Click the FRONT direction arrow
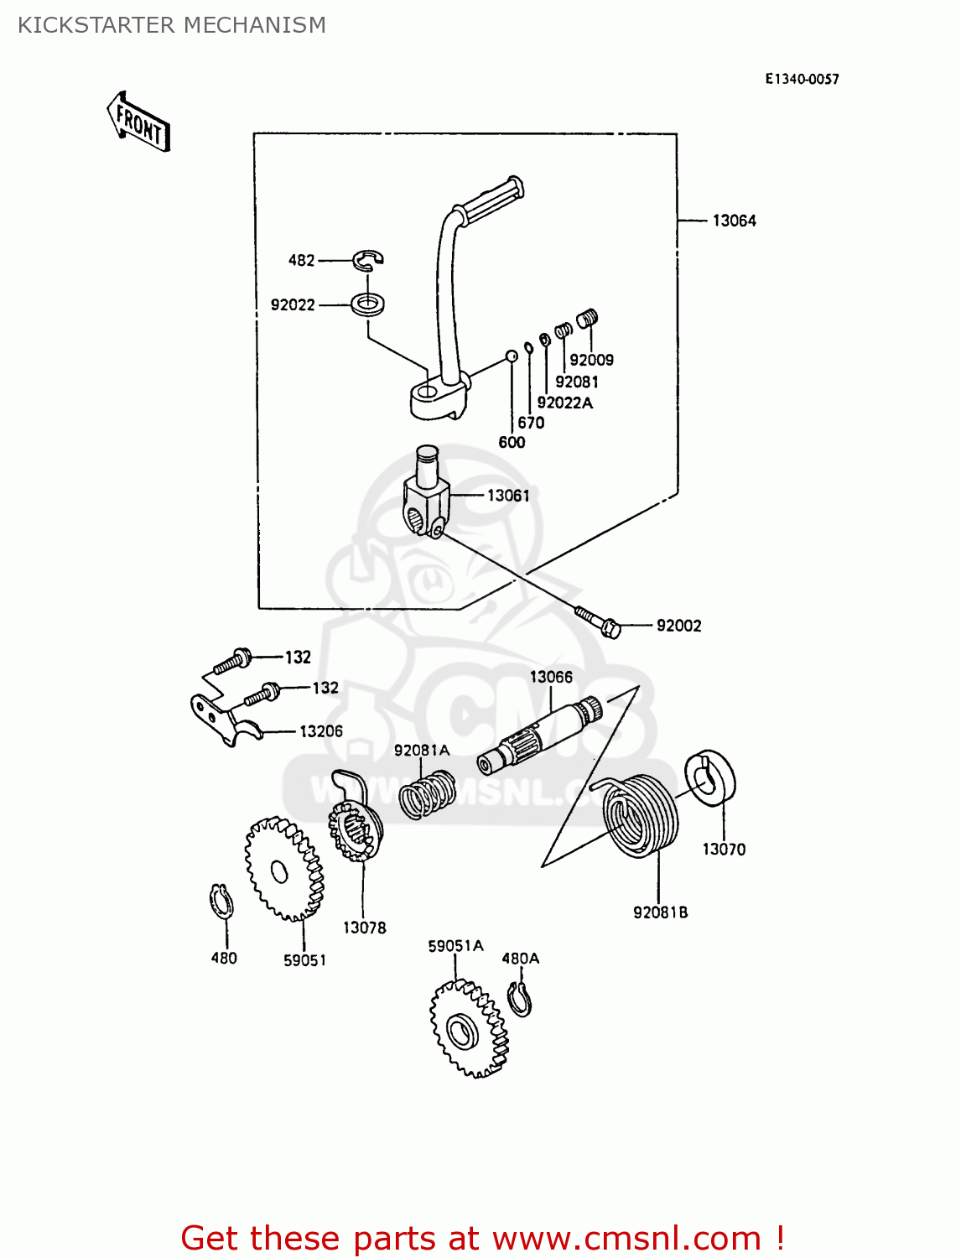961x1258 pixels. pyautogui.click(x=139, y=122)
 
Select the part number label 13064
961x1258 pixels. pyautogui.click(x=734, y=221)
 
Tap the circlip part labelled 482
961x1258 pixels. pyautogui.click(x=368, y=260)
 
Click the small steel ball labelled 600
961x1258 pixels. pyautogui.click(x=511, y=356)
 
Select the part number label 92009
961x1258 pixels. pyautogui.click(x=591, y=360)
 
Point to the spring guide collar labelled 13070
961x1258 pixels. pyautogui.click(x=710, y=777)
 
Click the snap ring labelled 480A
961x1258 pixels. pyautogui.click(x=520, y=999)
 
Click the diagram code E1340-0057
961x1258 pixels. pyautogui.click(x=801, y=79)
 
